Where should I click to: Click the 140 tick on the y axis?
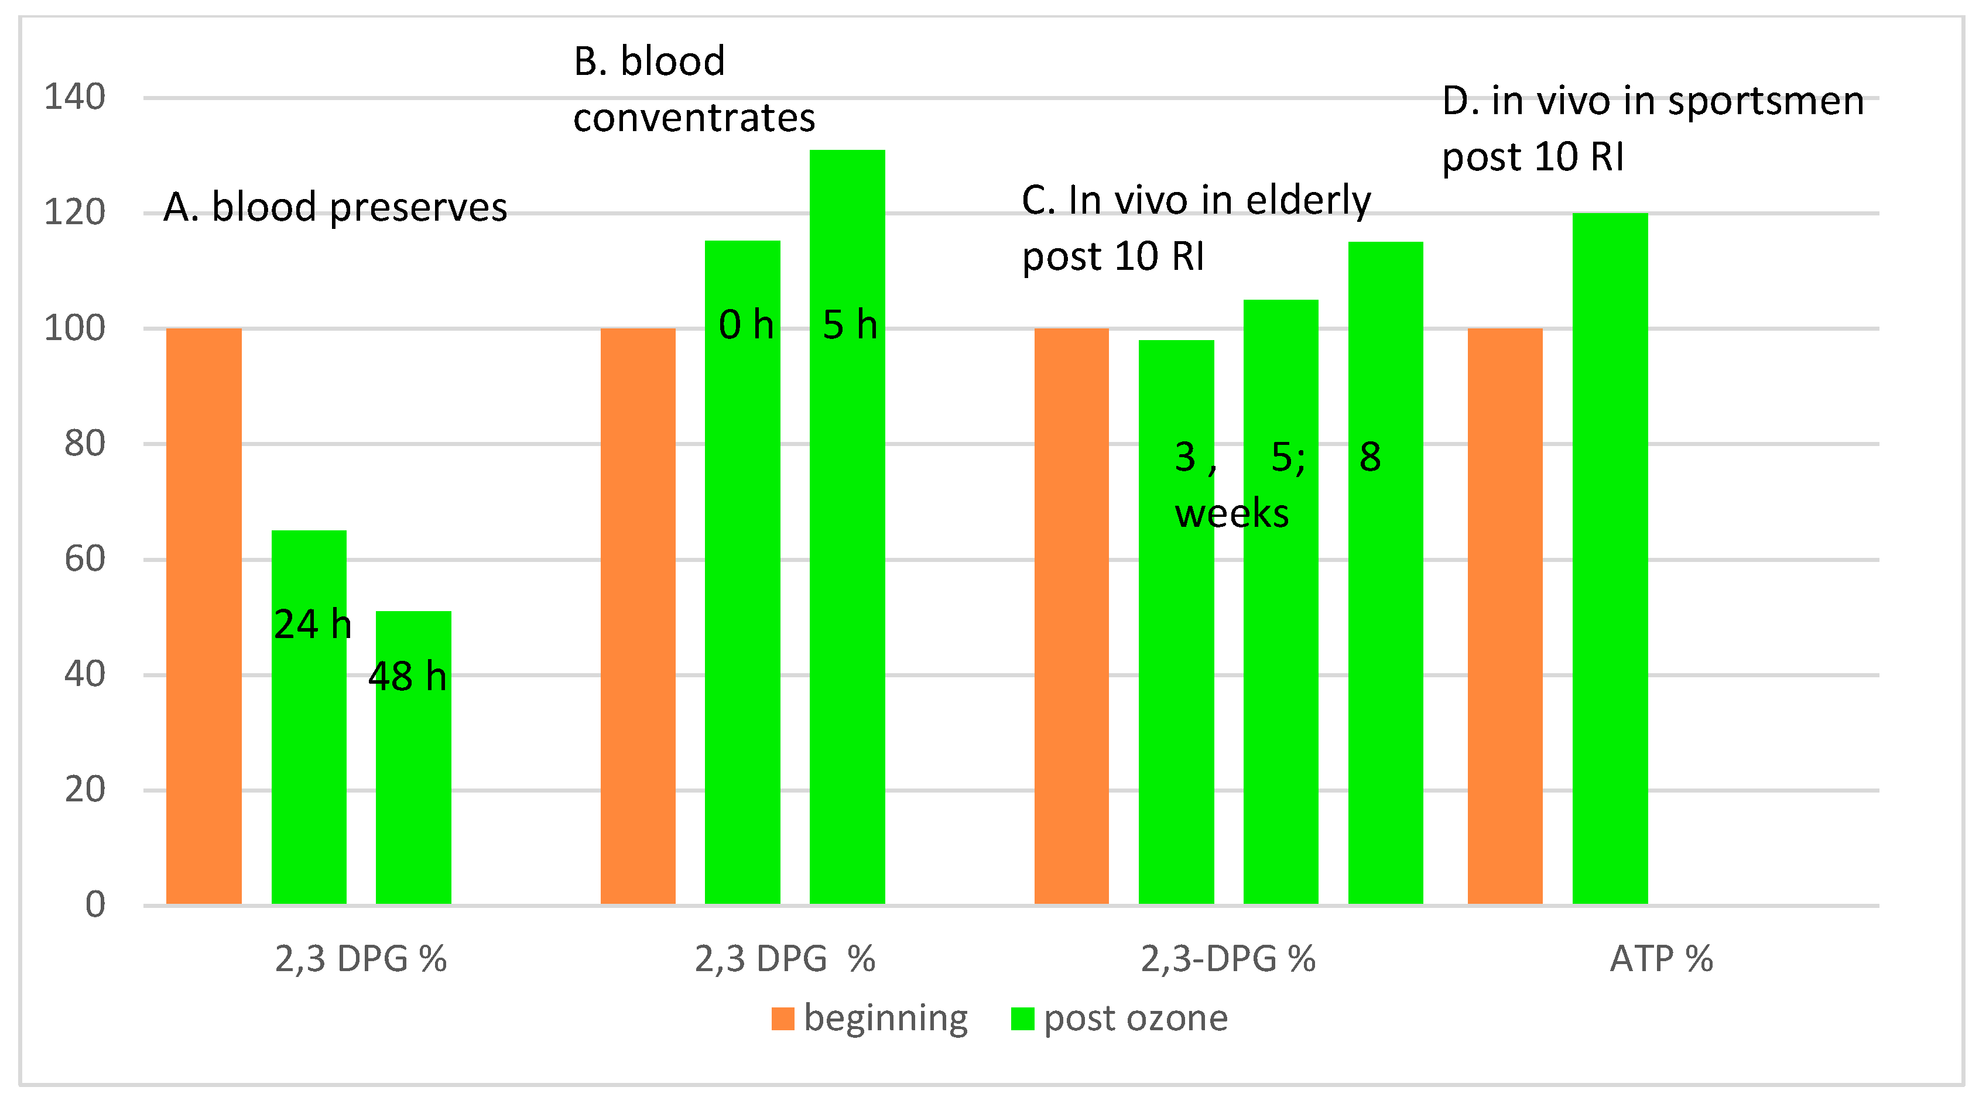[74, 98]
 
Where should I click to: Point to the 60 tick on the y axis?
[84, 559]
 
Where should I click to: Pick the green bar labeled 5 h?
[847, 538]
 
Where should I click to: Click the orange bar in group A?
[204, 615]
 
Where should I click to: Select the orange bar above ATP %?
[1505, 615]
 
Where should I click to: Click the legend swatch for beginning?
[782, 1019]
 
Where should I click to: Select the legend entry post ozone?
[1135, 1019]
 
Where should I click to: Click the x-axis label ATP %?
[1661, 959]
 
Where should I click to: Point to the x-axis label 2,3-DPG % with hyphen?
[1228, 959]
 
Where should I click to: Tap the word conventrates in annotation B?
[694, 118]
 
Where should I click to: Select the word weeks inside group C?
[1231, 513]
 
